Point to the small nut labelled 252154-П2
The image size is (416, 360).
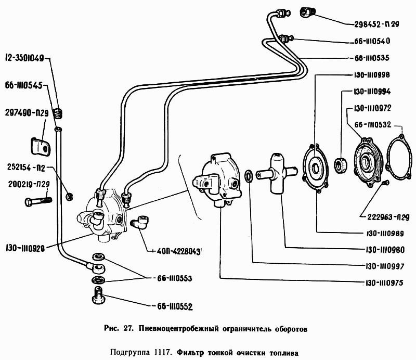click(69, 196)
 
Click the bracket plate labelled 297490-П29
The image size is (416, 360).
click(40, 145)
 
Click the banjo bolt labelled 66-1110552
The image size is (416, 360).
click(98, 298)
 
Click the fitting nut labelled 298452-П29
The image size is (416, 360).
click(307, 11)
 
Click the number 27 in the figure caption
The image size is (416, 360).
click(128, 329)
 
